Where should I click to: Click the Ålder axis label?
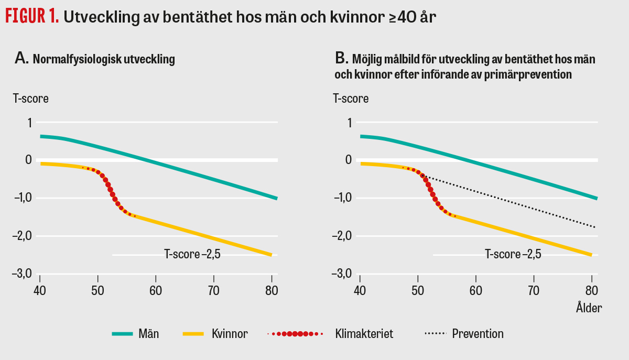click(587, 308)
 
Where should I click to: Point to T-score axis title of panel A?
click(31, 99)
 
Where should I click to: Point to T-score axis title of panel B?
click(351, 99)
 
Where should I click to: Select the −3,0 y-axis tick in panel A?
click(23, 274)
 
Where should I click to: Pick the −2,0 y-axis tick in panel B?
click(343, 236)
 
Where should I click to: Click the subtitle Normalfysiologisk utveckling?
click(104, 59)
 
